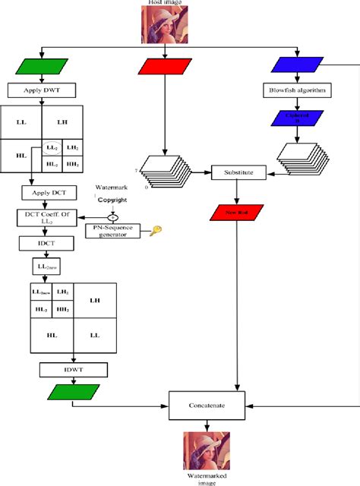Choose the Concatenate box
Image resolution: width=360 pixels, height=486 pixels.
click(207, 406)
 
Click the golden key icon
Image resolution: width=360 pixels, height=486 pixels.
click(155, 229)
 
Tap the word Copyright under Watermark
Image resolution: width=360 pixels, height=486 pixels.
click(112, 200)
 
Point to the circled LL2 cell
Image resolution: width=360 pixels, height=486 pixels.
click(52, 147)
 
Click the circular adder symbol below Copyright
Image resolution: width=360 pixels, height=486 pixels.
click(112, 216)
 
